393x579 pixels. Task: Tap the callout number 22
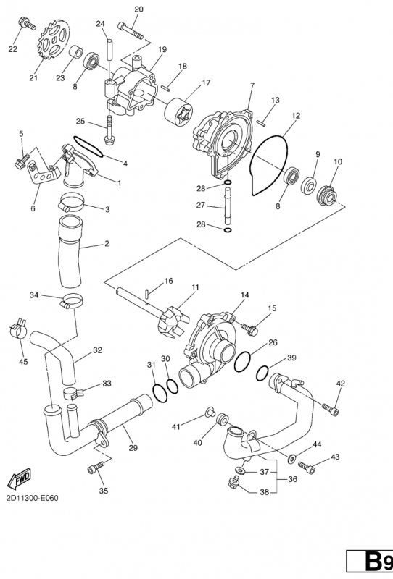pos(12,49)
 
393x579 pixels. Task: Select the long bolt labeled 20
pos(130,30)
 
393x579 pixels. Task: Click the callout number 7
pos(252,85)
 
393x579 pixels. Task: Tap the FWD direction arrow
pos(20,478)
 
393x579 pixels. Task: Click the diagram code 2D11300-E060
pos(32,498)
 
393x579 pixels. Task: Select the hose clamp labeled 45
pos(17,327)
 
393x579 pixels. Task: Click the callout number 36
pos(292,479)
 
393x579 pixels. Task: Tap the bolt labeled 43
pos(307,466)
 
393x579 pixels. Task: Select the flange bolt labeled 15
pos(249,328)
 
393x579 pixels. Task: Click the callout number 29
pos(133,448)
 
